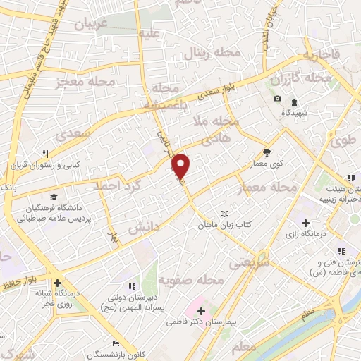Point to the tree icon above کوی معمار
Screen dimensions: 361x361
click(x=267, y=152)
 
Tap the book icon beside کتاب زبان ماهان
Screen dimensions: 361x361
click(x=224, y=213)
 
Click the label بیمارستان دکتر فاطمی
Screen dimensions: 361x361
click(x=201, y=321)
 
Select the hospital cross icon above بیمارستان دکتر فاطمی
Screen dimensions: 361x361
click(x=201, y=310)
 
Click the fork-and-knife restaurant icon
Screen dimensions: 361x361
click(x=46, y=154)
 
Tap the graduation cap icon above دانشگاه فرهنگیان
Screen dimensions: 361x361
click(x=54, y=197)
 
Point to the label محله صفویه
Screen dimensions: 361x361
click(x=190, y=281)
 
